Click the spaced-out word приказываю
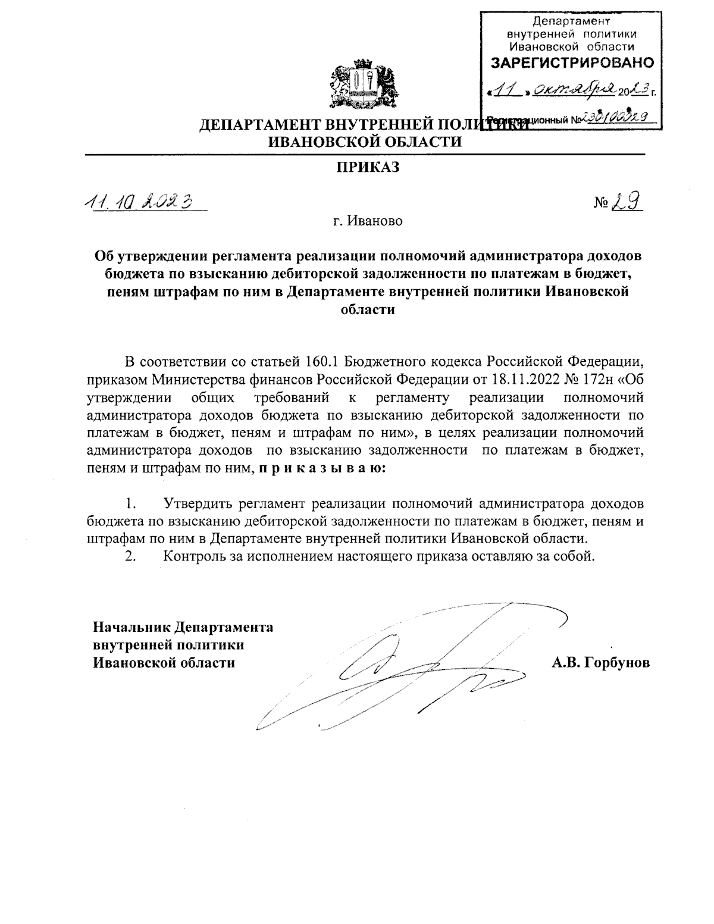(x=322, y=468)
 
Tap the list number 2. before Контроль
(x=131, y=556)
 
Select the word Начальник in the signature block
(x=130, y=627)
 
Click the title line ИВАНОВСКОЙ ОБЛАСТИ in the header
(x=365, y=142)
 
